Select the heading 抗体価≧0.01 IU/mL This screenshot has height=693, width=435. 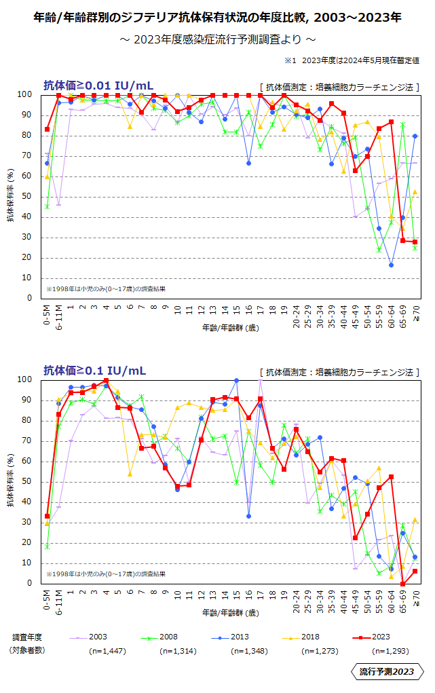tap(98, 86)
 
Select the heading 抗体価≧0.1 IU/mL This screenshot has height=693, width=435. tap(95, 371)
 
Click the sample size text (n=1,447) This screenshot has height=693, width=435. tap(107, 650)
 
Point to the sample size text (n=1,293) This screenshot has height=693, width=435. tap(390, 650)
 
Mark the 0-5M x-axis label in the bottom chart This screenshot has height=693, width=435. tap(47, 600)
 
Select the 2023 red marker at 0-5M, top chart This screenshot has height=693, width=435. tap(47, 129)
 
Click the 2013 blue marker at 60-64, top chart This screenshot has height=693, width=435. tap(392, 265)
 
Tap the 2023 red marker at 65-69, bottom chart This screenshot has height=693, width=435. tap(403, 584)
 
